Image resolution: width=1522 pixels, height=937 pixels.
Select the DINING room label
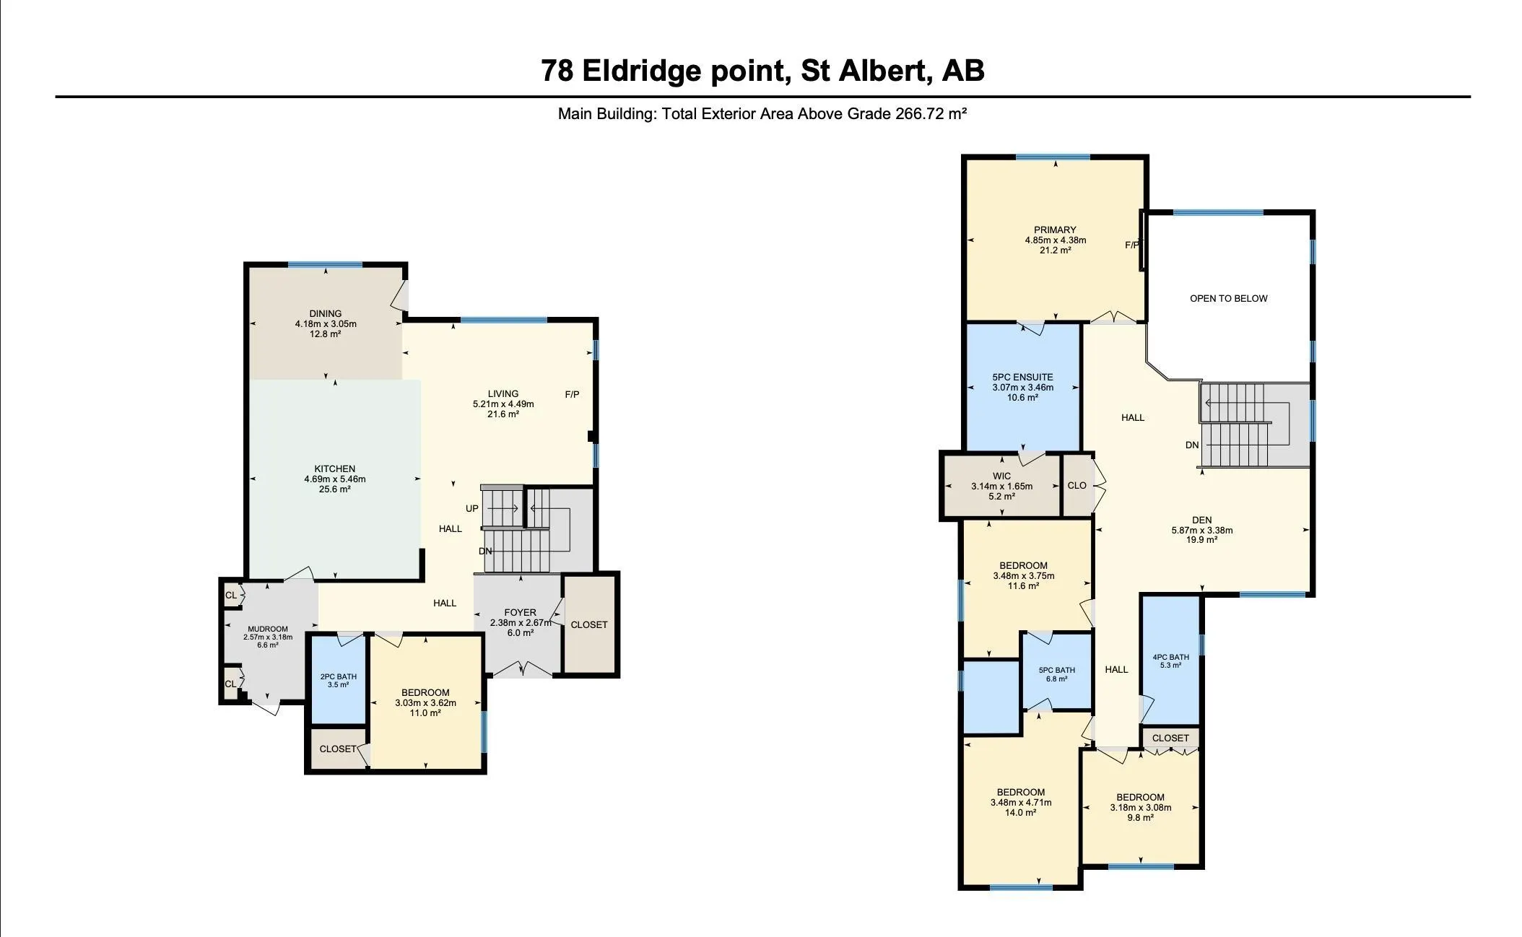[x=325, y=313]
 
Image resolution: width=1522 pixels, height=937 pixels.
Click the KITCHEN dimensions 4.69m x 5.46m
[x=334, y=479]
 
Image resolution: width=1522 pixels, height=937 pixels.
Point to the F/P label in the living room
[x=572, y=394]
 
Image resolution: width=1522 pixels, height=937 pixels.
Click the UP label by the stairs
[x=471, y=508]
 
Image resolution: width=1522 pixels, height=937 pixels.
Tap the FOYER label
[x=520, y=612]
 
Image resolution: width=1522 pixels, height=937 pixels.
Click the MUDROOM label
[x=267, y=629]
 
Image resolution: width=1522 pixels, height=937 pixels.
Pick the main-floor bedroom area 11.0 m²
[x=425, y=713]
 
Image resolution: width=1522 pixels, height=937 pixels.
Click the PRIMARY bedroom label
[x=1055, y=230]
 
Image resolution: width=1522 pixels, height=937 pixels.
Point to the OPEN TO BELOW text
[x=1228, y=298]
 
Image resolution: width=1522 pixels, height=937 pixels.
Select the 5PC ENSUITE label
[x=1022, y=377]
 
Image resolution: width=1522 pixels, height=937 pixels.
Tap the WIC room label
[x=1001, y=476]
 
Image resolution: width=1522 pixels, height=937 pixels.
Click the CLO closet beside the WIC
[x=1077, y=485]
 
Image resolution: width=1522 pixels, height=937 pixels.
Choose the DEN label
[x=1201, y=520]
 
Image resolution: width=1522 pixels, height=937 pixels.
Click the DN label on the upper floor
[x=1192, y=445]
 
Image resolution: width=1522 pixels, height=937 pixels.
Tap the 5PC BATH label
[x=1056, y=670]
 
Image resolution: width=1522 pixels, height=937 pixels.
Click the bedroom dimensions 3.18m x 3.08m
[x=1140, y=808]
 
